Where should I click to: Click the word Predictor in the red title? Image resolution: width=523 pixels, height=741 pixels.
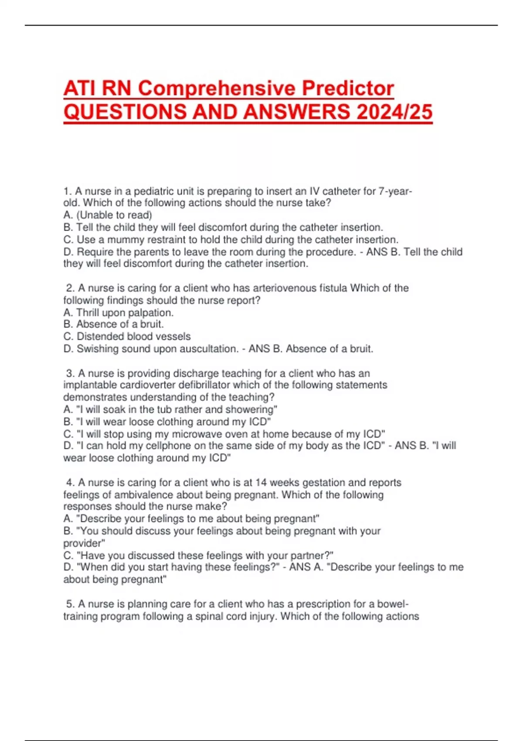(x=348, y=88)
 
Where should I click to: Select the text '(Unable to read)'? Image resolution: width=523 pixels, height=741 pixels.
(x=114, y=215)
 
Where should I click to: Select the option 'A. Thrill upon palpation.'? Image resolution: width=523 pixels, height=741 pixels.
(x=119, y=313)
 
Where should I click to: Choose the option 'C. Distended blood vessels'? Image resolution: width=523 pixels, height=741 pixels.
(x=127, y=337)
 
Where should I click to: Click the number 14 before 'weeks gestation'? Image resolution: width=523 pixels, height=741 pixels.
(x=261, y=483)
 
